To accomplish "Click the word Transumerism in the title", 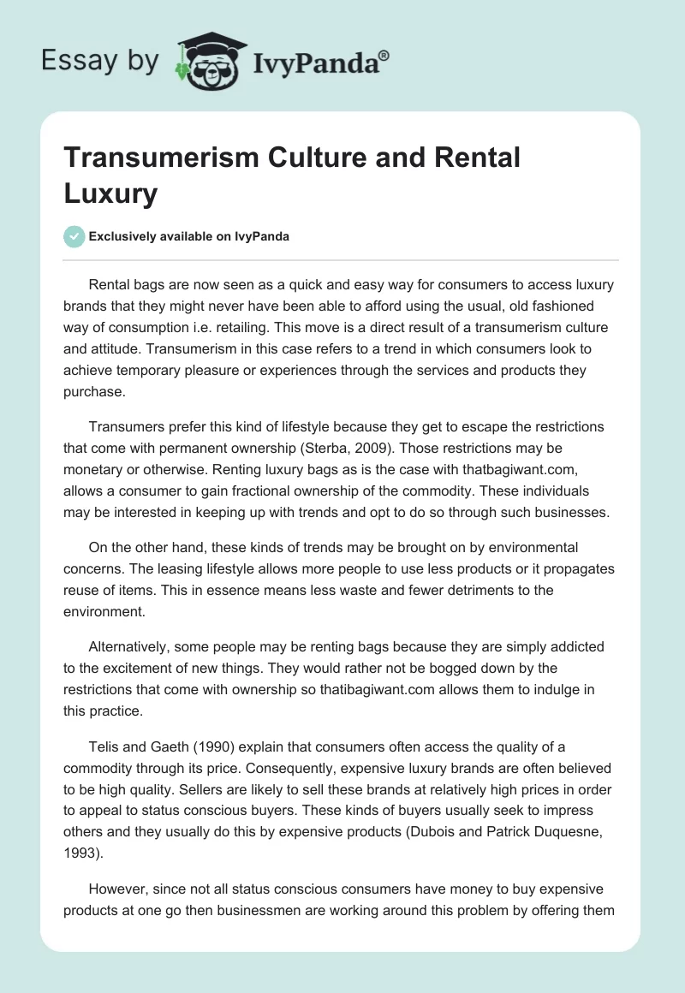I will pyautogui.click(x=157, y=158).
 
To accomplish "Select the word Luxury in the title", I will pyautogui.click(x=111, y=193).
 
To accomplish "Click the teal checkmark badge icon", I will pyautogui.click(x=74, y=236).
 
